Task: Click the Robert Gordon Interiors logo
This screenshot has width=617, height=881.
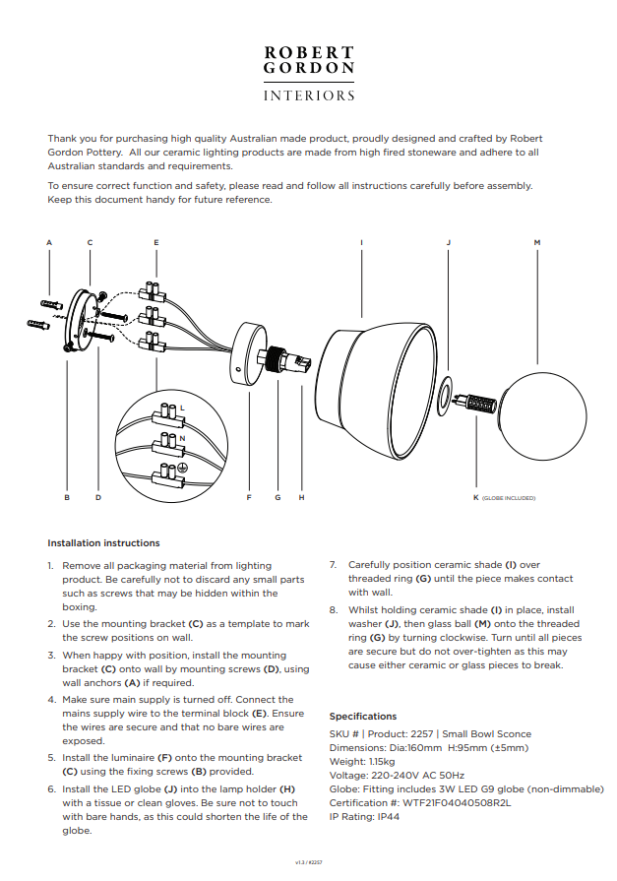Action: click(x=309, y=74)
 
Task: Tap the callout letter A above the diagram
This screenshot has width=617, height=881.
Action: click(x=49, y=243)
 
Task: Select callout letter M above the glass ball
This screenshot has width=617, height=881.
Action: click(x=537, y=243)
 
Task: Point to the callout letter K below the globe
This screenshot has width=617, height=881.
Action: click(x=476, y=498)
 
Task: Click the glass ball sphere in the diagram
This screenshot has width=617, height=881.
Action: click(x=543, y=416)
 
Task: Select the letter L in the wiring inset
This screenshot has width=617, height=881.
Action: click(x=182, y=408)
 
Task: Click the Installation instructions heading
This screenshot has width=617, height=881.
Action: click(x=103, y=543)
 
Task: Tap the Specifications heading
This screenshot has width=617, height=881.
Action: click(x=363, y=717)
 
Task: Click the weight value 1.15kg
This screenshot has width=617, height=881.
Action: click(x=382, y=762)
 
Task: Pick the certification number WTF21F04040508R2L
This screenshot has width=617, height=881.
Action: click(x=457, y=803)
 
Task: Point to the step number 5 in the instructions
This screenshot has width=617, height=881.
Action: click(x=51, y=758)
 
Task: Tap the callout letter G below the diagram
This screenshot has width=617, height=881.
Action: click(x=278, y=498)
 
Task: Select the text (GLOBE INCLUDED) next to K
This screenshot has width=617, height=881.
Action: click(x=509, y=498)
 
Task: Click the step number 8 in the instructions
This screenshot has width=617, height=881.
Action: click(x=334, y=610)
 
